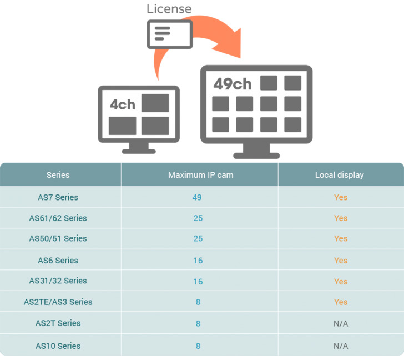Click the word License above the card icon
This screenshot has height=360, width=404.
pos(169,9)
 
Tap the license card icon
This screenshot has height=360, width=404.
pos(169,34)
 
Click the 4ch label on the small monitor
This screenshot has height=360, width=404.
pos(122,104)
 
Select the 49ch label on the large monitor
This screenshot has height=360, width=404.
pos(233,84)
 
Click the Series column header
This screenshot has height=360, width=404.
pos(58,175)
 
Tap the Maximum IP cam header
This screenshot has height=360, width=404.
pos(200,175)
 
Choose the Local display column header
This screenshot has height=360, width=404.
pos(340,175)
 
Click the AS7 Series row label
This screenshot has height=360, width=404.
pos(58,197)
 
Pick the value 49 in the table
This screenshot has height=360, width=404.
pos(198,197)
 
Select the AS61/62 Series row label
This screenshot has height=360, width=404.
pos(58,218)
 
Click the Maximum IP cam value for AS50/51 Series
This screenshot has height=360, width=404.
pos(198,239)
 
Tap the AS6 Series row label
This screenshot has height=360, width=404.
pos(58,261)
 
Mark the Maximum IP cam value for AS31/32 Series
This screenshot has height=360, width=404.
pos(198,281)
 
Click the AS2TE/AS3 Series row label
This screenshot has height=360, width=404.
pos(58,302)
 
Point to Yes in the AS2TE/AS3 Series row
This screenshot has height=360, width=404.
pos(341,302)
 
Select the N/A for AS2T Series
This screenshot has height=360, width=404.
pos(341,323)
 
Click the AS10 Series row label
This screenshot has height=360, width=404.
pos(58,346)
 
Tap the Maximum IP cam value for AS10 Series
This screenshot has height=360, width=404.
pos(198,346)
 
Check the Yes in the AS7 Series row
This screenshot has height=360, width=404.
pos(341,197)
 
